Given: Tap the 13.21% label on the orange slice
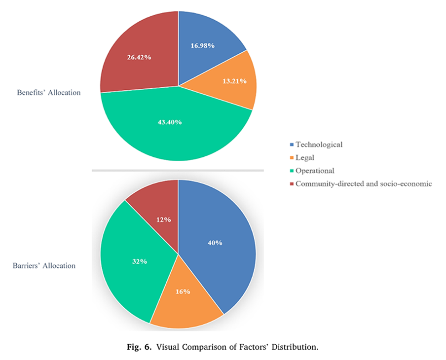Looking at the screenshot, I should (x=234, y=81).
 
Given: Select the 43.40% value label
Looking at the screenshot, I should (x=170, y=122).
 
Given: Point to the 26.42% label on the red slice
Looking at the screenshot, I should (x=139, y=57).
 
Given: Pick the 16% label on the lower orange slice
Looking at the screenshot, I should (x=183, y=291).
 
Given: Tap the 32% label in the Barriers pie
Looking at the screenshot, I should (x=140, y=261).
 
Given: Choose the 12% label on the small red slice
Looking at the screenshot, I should (x=163, y=219).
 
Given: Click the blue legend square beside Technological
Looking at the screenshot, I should (x=292, y=145).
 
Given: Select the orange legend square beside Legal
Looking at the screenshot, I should (x=292, y=158).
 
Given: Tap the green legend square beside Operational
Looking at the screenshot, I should (x=292, y=171).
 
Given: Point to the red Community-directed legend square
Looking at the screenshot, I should (x=292, y=184).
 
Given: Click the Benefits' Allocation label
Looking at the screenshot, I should (x=48, y=93).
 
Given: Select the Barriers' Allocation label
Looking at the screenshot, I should (x=44, y=266).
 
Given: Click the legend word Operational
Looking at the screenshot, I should (x=315, y=171).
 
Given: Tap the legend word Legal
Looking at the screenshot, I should (x=305, y=158).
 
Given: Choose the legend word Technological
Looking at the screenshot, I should (x=319, y=144).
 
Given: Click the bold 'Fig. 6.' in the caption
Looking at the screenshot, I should (x=140, y=347).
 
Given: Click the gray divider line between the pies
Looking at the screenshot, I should (x=178, y=171).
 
